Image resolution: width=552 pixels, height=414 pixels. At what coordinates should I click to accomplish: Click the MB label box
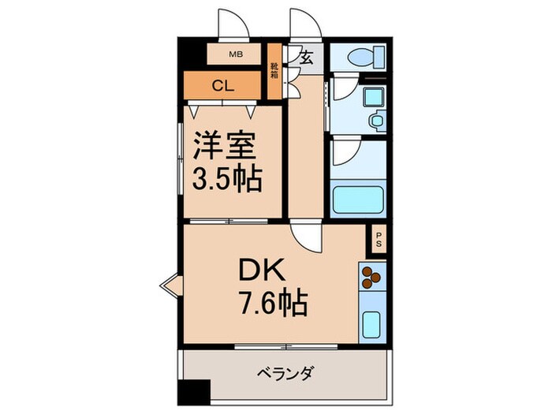[x=234, y=55]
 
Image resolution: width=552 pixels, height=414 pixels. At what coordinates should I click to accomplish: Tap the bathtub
[x=358, y=200]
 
